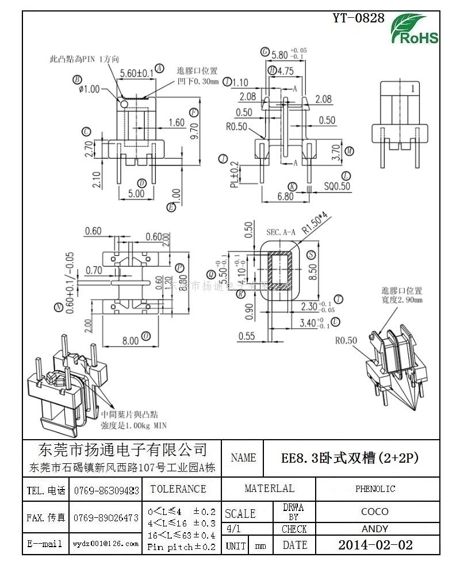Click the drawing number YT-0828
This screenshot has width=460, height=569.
pyautogui.click(x=358, y=18)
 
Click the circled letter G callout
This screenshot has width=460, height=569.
pyautogui.click(x=265, y=52)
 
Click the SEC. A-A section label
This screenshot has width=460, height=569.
pyautogui.click(x=281, y=232)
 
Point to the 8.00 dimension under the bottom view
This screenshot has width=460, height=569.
pyautogui.click(x=131, y=341)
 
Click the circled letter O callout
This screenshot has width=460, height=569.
pyautogui.click(x=147, y=336)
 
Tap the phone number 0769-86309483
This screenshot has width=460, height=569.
pyautogui.click(x=106, y=490)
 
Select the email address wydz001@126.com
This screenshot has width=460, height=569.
pyautogui.click(x=106, y=543)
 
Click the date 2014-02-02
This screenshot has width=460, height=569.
pyautogui.click(x=375, y=545)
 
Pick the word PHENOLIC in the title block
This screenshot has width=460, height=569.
pyautogui.click(x=375, y=489)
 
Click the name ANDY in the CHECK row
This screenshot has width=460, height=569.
pyautogui.click(x=375, y=529)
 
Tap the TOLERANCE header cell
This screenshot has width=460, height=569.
pyautogui.click(x=178, y=489)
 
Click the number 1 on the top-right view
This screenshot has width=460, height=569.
pyautogui.click(x=412, y=89)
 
